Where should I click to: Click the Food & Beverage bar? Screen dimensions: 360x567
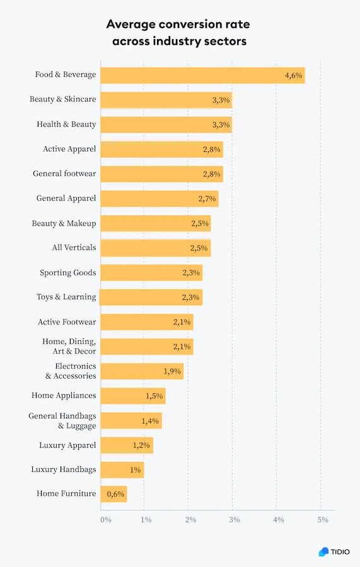(x=202, y=76)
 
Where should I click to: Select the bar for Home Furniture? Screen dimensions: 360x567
(x=113, y=494)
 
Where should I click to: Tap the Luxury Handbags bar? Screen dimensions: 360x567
(x=122, y=470)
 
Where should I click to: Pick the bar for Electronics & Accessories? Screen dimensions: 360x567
(x=142, y=371)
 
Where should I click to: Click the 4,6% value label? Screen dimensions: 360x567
(x=293, y=76)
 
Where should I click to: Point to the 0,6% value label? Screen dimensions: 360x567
(x=115, y=494)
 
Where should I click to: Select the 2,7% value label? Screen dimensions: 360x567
(x=207, y=198)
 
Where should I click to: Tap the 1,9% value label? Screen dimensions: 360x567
(x=172, y=371)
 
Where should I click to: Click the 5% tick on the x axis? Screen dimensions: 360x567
(x=323, y=520)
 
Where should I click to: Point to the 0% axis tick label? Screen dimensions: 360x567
(x=106, y=520)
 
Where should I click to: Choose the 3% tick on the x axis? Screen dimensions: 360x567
(x=235, y=520)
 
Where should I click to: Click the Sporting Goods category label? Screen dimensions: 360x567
(x=68, y=273)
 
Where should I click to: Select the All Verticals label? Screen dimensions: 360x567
(x=74, y=248)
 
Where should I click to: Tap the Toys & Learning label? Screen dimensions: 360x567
(x=67, y=297)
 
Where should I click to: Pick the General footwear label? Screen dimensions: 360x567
(x=64, y=174)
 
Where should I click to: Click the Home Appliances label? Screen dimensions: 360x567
(x=64, y=396)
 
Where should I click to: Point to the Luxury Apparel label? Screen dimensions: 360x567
(x=67, y=445)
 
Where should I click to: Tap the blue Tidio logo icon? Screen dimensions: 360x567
(x=323, y=552)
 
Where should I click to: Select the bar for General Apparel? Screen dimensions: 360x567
(x=160, y=198)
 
